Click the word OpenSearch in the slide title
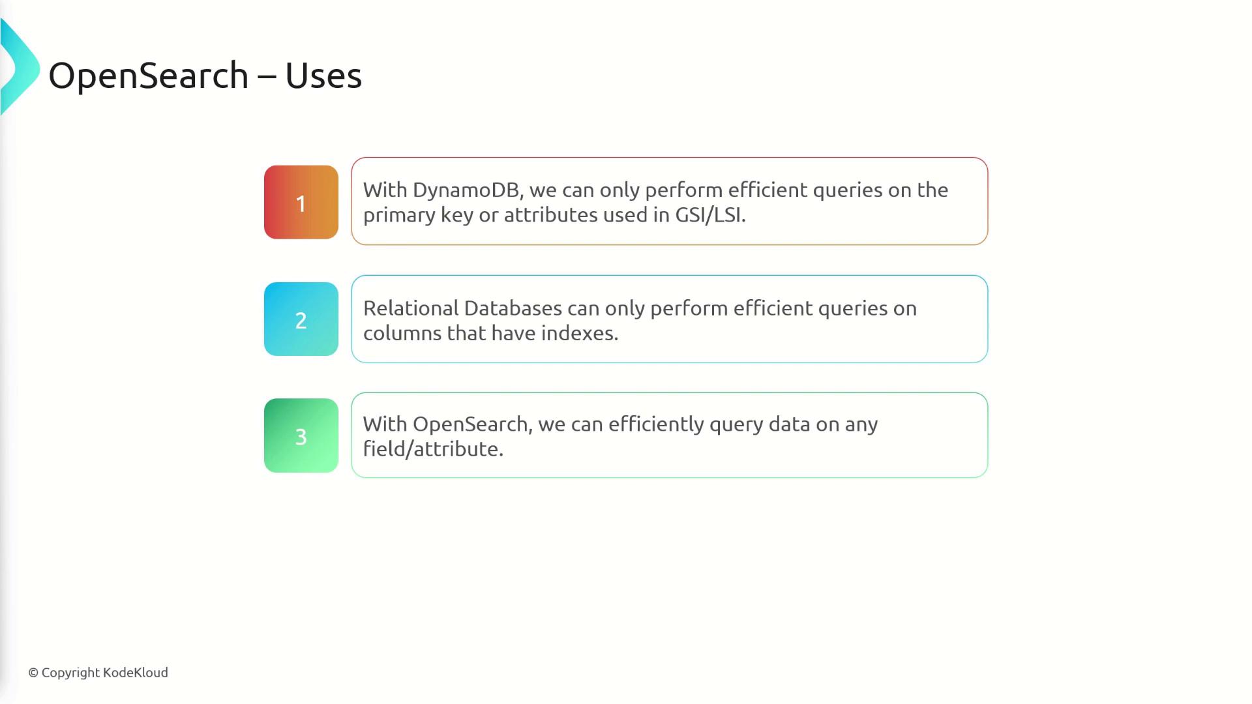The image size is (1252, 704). pos(149,76)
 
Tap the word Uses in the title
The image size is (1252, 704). pos(323,76)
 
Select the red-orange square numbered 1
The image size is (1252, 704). pos(301,202)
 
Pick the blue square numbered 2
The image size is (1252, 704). pos(301,319)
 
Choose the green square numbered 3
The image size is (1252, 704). pos(301,435)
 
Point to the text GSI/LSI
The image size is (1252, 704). pos(710,215)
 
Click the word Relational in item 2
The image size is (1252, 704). pos(411,308)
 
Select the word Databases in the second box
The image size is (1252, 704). pos(513,308)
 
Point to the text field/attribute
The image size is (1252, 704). pos(433,449)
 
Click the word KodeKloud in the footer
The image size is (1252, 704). pos(136,672)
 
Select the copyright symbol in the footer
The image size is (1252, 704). pos(33,673)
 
